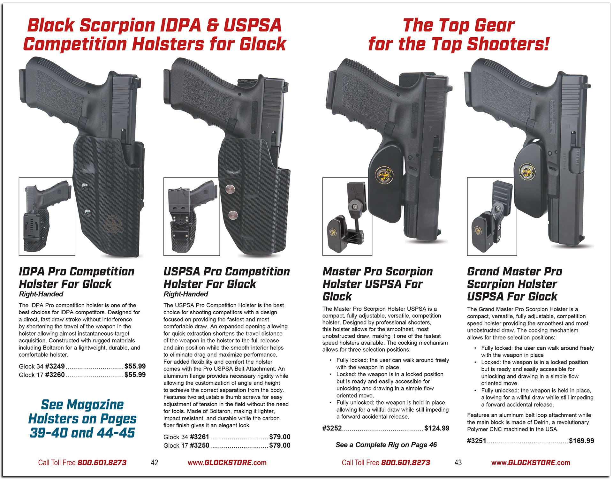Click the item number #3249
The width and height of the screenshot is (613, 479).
(55, 366)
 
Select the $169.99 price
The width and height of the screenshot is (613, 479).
(581, 441)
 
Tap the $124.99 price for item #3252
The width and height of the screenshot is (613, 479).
(437, 428)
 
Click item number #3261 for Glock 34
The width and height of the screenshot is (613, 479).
(200, 437)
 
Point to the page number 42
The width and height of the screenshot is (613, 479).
(155, 463)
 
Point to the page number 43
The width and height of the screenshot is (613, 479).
(458, 463)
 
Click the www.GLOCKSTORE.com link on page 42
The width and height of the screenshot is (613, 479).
(227, 463)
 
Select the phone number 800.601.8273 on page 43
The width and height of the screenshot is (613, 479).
(405, 463)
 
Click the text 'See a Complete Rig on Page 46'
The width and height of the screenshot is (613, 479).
(386, 445)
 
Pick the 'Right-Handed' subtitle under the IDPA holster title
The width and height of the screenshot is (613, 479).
(41, 294)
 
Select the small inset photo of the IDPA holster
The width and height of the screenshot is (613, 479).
(47, 217)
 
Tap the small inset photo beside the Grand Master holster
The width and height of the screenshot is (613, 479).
(492, 217)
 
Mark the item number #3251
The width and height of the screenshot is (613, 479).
(476, 441)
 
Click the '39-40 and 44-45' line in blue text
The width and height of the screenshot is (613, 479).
(82, 433)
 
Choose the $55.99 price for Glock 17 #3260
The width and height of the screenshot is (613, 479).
(135, 375)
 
